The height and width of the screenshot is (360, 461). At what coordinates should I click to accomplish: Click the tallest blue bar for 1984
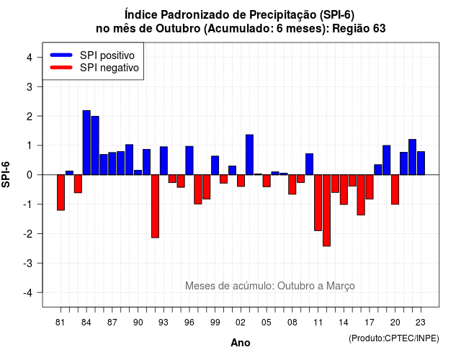86,143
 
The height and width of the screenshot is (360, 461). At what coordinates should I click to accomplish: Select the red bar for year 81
61,192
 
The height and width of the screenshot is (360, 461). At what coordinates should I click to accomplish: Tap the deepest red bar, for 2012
326,210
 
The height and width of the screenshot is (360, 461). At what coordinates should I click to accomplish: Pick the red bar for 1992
156,207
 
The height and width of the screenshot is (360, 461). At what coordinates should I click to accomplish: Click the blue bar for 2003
250,155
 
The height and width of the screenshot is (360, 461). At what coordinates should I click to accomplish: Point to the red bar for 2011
318,203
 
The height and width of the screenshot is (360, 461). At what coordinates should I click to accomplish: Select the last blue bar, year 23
421,163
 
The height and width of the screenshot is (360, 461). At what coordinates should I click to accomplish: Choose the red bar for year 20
395,189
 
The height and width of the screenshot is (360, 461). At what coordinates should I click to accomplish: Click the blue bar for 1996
189,161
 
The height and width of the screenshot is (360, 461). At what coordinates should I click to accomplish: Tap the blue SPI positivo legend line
61,55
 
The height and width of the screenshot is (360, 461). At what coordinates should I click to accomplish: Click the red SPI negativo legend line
61,68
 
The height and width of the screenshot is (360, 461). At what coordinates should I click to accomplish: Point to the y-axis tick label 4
30,58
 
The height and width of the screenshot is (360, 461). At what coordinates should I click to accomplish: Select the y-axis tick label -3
28,264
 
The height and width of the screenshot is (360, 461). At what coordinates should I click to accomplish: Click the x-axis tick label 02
241,323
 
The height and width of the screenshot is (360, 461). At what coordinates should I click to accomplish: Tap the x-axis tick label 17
370,323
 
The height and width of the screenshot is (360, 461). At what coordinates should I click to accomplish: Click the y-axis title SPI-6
6,174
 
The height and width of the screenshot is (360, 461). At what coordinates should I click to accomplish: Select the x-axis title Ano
241,343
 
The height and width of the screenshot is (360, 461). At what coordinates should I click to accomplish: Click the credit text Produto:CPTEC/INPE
394,338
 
